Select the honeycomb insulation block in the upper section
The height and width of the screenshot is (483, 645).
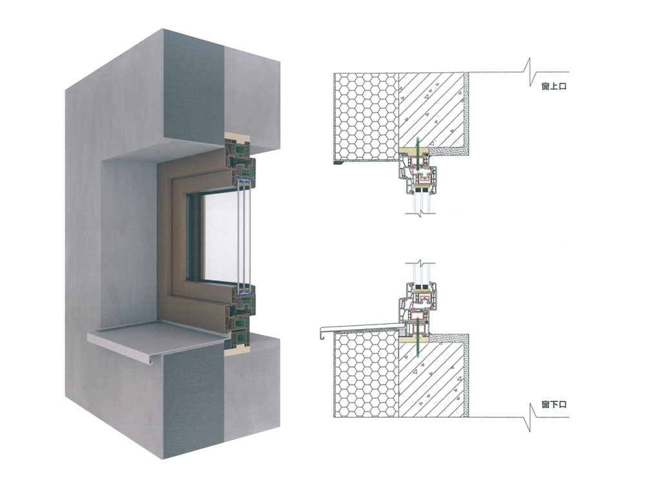click(364, 116)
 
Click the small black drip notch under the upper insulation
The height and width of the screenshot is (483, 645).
click(335, 164)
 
